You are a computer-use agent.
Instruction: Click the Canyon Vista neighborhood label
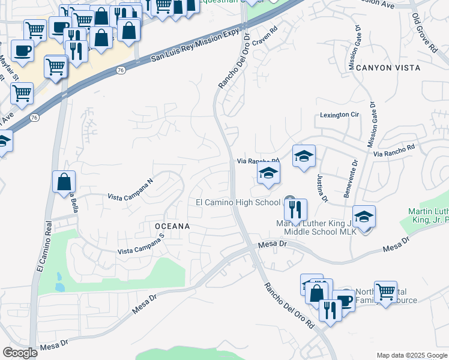pos(388,68)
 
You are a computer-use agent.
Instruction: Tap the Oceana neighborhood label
pos(172,226)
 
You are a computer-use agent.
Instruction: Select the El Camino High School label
pos(238,202)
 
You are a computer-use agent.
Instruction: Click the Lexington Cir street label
pos(339,115)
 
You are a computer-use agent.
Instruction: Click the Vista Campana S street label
pos(140,245)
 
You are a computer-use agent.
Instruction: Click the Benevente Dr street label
pos(354,178)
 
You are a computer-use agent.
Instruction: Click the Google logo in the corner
pos(20,353)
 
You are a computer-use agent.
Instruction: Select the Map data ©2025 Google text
pos(412,355)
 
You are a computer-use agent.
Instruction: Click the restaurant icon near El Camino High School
pos(295,209)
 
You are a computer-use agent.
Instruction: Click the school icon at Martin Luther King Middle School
pos(364,216)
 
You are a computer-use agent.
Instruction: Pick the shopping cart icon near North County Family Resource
pos(385,292)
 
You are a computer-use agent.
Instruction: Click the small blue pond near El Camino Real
pos(59,281)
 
